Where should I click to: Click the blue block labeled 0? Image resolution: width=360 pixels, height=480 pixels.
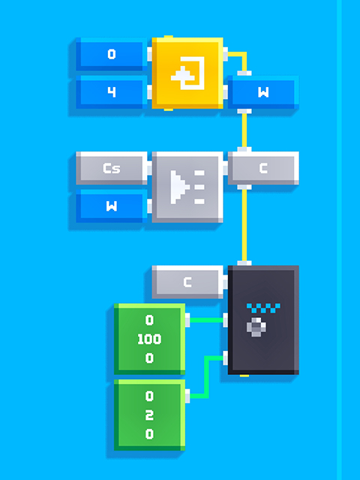click(112, 54)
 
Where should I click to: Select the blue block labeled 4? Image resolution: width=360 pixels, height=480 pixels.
click(112, 92)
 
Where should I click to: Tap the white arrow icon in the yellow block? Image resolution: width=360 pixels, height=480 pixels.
click(187, 73)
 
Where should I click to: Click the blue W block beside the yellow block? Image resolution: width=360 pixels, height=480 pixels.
click(263, 92)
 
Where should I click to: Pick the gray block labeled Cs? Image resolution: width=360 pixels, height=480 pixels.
click(112, 168)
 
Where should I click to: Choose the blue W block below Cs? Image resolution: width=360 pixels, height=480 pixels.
click(112, 206)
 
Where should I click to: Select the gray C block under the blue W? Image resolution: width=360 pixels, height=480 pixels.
click(263, 168)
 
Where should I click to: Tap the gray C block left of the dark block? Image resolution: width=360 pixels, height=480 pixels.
click(187, 282)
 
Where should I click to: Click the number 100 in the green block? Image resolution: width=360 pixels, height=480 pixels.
click(149, 339)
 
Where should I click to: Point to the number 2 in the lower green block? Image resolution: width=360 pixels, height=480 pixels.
click(149, 415)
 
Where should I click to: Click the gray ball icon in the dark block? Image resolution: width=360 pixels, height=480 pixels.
click(256, 327)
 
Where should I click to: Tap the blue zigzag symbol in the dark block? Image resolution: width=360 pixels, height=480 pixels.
click(263, 308)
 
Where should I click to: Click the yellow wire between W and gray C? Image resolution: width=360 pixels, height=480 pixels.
click(244, 130)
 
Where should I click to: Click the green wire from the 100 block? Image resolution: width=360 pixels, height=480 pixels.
click(206, 320)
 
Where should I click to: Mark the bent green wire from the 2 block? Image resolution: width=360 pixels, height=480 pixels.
click(206, 377)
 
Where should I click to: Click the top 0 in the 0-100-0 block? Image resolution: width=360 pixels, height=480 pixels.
click(149, 320)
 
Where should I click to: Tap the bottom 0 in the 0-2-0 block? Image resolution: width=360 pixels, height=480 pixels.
click(149, 434)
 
